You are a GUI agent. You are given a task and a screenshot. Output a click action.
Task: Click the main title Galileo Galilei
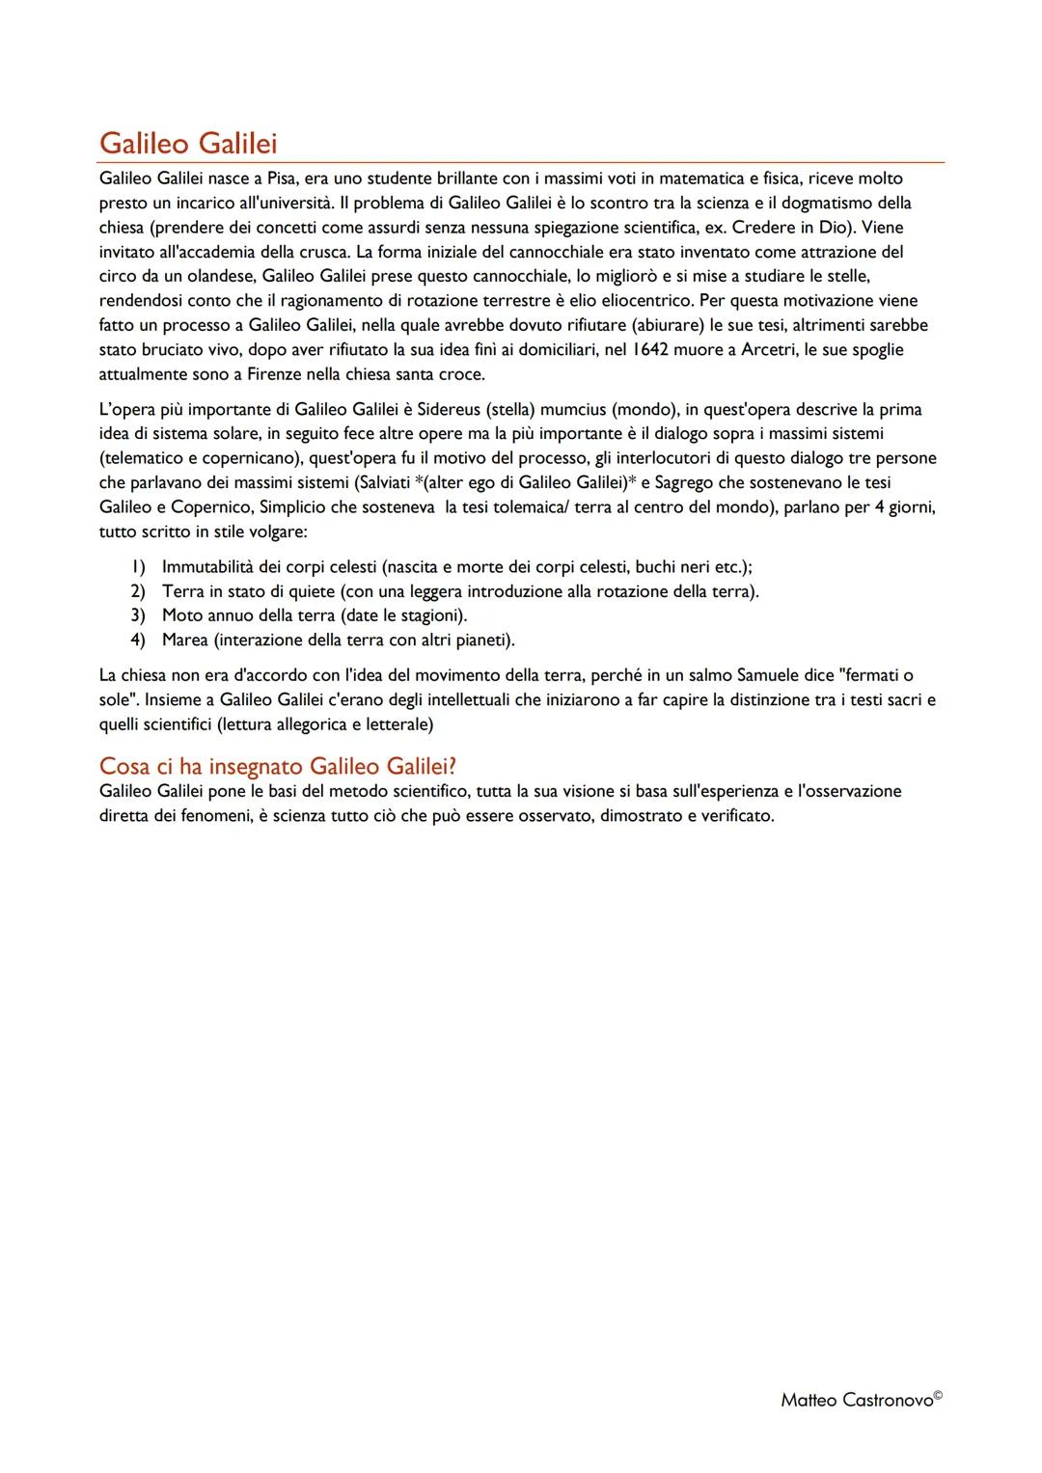188,144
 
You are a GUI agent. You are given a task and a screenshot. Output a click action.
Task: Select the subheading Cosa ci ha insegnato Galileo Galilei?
277,766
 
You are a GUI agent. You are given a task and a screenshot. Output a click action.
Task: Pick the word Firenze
213,373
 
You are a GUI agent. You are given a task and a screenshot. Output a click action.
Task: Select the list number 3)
138,615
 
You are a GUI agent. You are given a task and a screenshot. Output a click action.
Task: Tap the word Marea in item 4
185,640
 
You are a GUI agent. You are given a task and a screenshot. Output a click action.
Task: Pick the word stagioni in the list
429,615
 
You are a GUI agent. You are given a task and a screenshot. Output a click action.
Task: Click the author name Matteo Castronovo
856,1401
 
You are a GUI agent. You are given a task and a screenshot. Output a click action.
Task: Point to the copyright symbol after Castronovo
939,1395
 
